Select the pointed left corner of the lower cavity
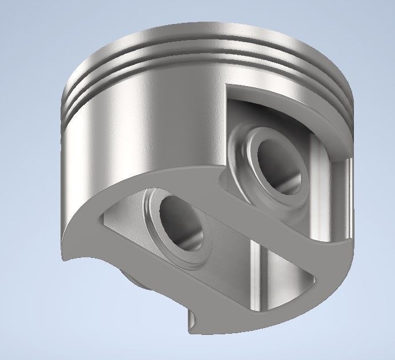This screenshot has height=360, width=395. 103,213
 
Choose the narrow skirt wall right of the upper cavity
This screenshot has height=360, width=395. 349,188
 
